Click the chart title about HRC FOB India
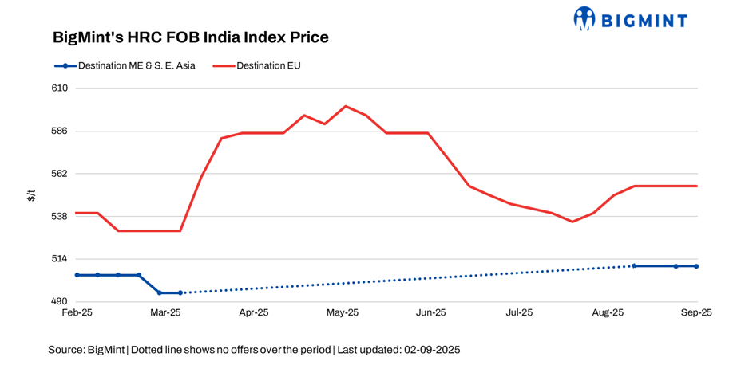click(190, 37)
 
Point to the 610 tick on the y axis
click(59, 88)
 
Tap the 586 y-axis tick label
click(59, 131)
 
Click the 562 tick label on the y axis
click(59, 174)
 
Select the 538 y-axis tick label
click(59, 216)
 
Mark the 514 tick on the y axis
click(59, 259)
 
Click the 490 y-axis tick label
click(59, 301)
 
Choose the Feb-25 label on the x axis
click(77, 313)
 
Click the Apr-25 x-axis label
click(254, 313)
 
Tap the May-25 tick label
click(343, 313)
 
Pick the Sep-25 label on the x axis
click(695, 313)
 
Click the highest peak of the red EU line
click(345, 106)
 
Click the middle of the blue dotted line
click(407, 279)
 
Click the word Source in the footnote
click(65, 350)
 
